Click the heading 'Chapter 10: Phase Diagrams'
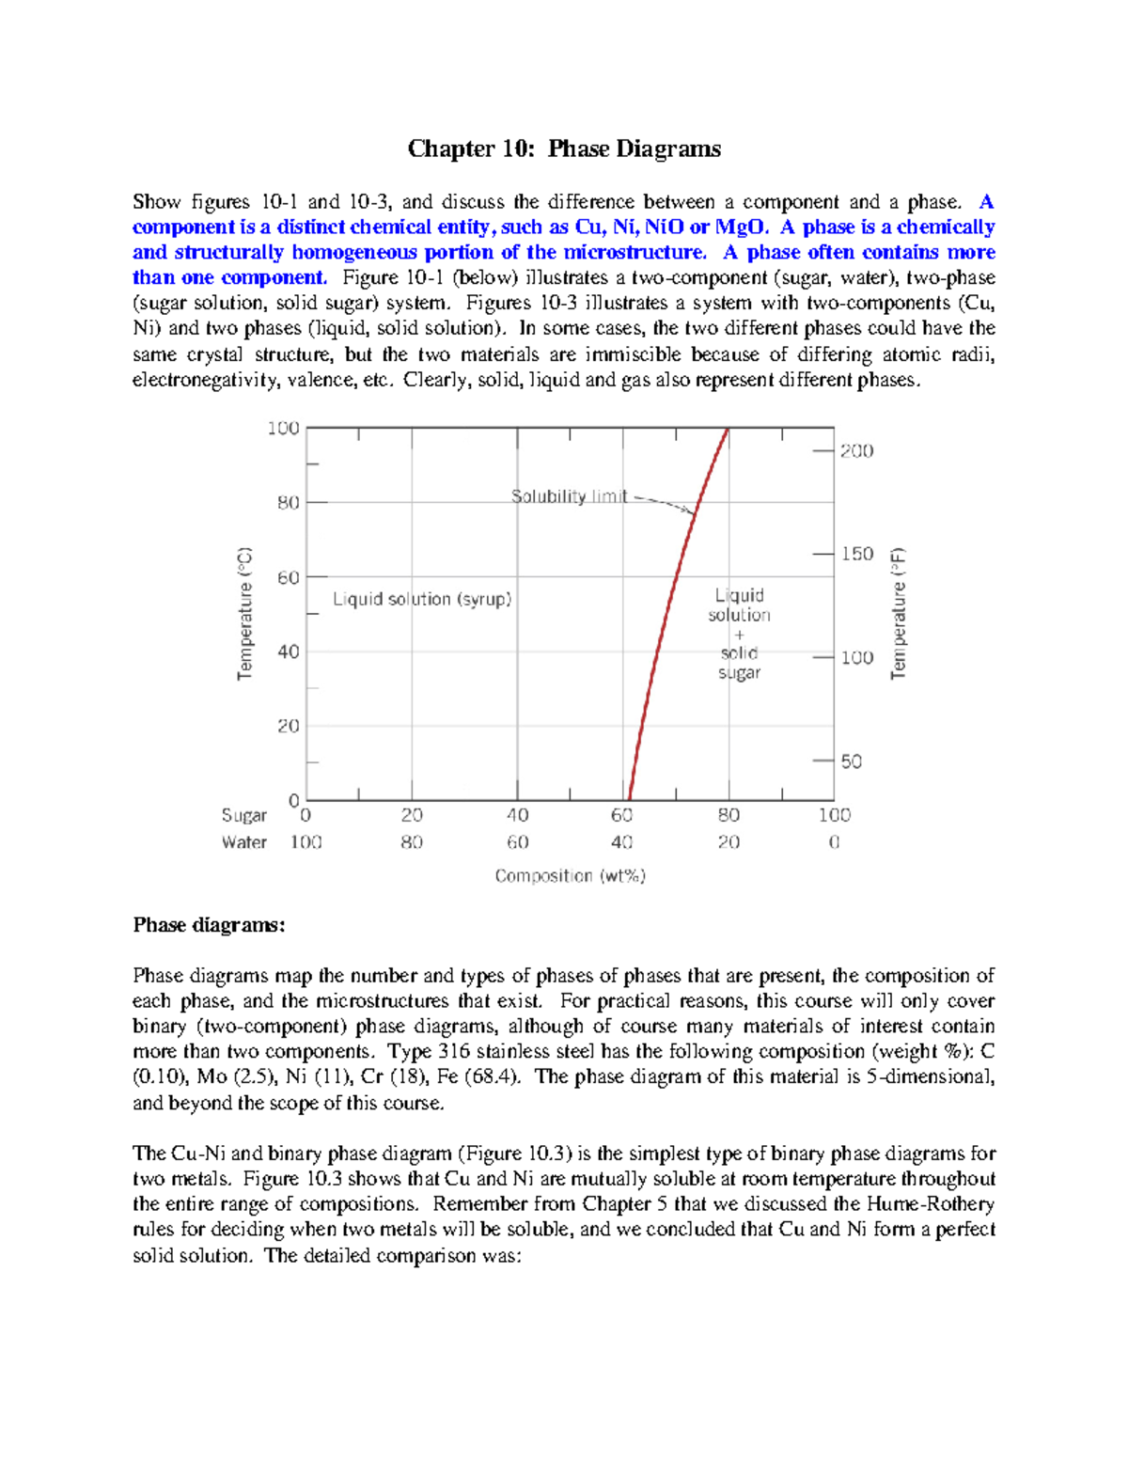(564, 149)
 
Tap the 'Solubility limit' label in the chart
(569, 496)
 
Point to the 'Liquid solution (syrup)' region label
(422, 599)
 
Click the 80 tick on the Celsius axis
(288, 502)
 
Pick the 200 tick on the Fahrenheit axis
(856, 451)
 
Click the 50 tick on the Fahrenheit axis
(851, 761)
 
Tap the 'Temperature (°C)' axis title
(245, 613)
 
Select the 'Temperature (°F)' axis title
(899, 613)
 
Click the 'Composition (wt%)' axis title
(570, 876)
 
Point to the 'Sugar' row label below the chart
(244, 815)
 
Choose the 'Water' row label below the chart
(244, 842)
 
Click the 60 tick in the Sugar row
(622, 815)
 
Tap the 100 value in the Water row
(305, 842)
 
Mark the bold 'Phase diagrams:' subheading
(209, 925)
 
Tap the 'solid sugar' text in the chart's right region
(740, 663)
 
